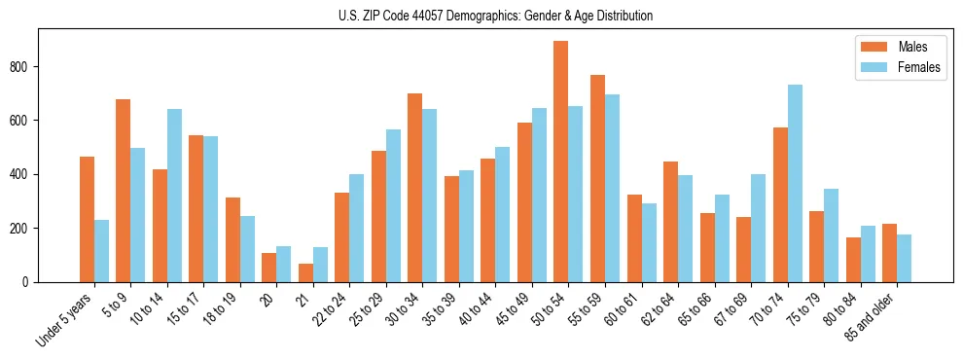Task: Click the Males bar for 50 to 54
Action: [x=561, y=162]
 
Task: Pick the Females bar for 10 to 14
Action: [x=174, y=196]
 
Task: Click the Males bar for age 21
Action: [x=305, y=272]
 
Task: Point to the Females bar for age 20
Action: [x=284, y=264]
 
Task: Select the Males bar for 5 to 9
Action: [x=124, y=191]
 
